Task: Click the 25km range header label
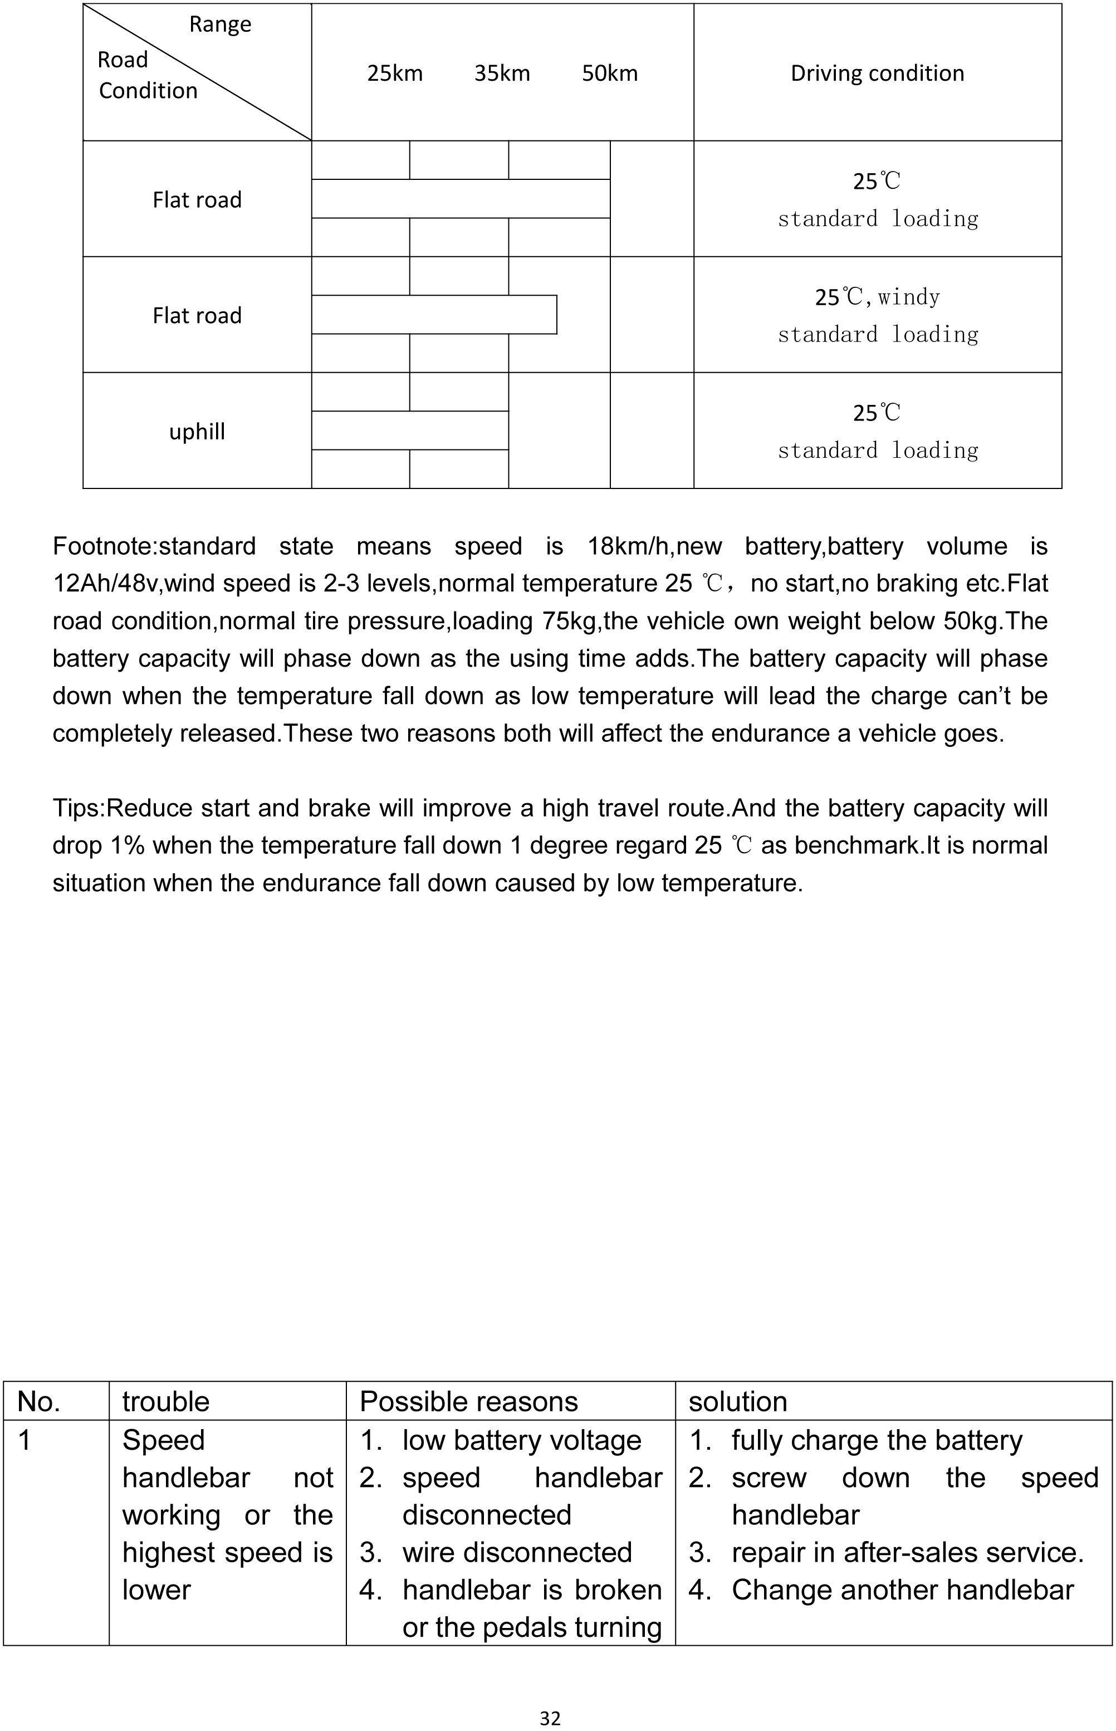394,73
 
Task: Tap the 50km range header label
609,73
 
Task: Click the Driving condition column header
877,73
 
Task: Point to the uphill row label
197,432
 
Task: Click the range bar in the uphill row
410,431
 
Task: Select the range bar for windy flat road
434,315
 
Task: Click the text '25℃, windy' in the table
877,297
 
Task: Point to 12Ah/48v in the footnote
104,583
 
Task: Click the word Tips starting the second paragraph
77,808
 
